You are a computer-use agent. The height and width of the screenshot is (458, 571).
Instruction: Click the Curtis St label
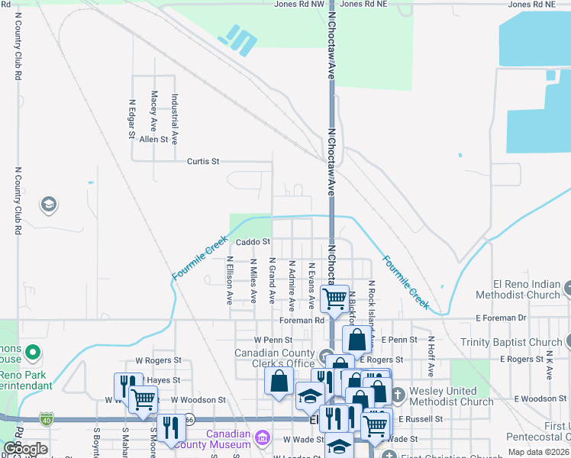(x=203, y=162)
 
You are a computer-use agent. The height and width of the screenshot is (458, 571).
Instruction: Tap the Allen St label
(x=153, y=139)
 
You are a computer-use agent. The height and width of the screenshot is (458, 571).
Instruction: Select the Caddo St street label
(x=253, y=242)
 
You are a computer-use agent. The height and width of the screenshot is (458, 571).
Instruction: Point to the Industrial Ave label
(x=175, y=119)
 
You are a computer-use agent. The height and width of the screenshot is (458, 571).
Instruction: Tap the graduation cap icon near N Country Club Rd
(x=49, y=205)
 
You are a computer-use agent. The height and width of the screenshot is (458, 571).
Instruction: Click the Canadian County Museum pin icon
(x=263, y=437)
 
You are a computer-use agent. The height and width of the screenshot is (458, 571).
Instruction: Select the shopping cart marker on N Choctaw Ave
(x=334, y=298)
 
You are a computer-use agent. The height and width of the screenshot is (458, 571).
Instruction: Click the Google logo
(x=25, y=449)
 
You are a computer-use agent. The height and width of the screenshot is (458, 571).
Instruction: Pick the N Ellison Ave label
(x=229, y=280)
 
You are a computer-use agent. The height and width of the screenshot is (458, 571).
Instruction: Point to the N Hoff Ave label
(x=431, y=356)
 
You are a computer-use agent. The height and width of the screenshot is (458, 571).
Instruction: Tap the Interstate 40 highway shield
(x=47, y=418)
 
